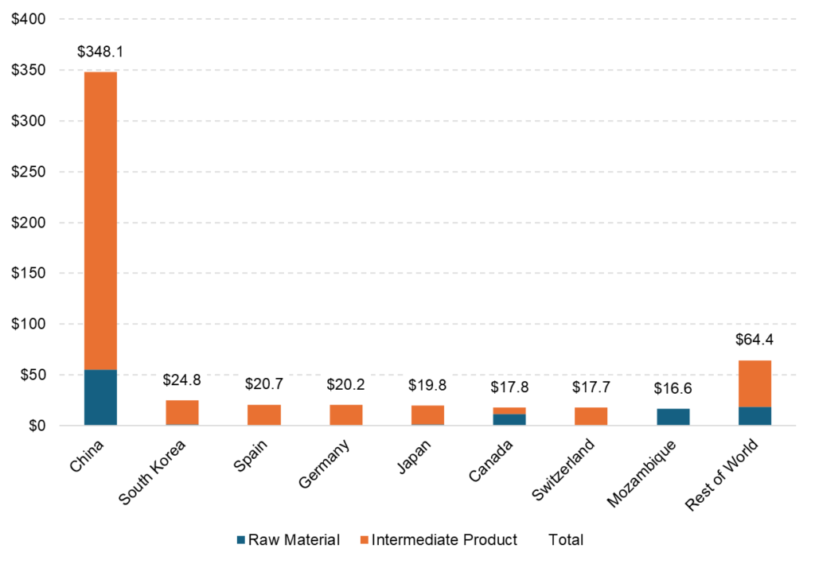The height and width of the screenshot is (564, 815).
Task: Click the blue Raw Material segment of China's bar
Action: point(100,397)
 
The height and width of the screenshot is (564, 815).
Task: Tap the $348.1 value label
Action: point(100,53)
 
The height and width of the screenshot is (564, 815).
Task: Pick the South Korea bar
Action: point(182,413)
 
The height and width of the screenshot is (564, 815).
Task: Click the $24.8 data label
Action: point(182,380)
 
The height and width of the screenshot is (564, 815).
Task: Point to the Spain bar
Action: point(264,415)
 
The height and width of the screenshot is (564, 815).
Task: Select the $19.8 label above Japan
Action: point(427,385)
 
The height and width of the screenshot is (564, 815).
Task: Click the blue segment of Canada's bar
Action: point(509,419)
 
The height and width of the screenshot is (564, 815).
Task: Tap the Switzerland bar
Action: point(591,416)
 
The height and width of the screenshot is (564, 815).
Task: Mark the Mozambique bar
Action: point(673,417)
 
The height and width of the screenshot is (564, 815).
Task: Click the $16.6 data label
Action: point(673,389)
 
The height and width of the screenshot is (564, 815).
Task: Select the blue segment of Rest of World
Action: point(755,416)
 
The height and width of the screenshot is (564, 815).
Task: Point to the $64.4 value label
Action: point(755,340)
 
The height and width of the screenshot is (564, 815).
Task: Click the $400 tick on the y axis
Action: point(29,19)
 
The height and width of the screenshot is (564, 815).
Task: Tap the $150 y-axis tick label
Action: point(29,274)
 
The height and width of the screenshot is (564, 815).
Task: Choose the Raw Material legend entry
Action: point(287,540)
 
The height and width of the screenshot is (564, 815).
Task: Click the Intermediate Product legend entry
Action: point(437,540)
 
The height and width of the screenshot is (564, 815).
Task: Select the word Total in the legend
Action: point(566,540)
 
